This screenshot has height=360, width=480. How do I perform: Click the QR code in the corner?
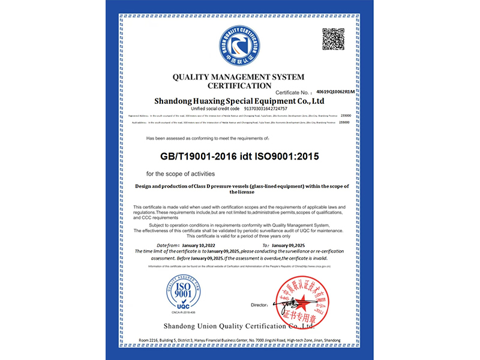click(334, 39)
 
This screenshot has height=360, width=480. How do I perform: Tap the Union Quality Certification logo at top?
click(239, 46)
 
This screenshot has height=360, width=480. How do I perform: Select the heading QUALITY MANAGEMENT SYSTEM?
click(238, 77)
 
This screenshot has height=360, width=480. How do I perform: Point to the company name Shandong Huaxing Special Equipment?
click(239, 101)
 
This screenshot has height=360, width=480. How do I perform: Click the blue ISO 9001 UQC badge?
click(172, 295)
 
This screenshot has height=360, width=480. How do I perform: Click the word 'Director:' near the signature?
click(259, 305)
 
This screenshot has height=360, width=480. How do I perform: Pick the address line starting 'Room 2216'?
click(239, 340)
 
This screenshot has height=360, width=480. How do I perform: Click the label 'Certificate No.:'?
click(295, 93)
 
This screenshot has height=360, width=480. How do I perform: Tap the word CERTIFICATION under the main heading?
click(239, 86)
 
